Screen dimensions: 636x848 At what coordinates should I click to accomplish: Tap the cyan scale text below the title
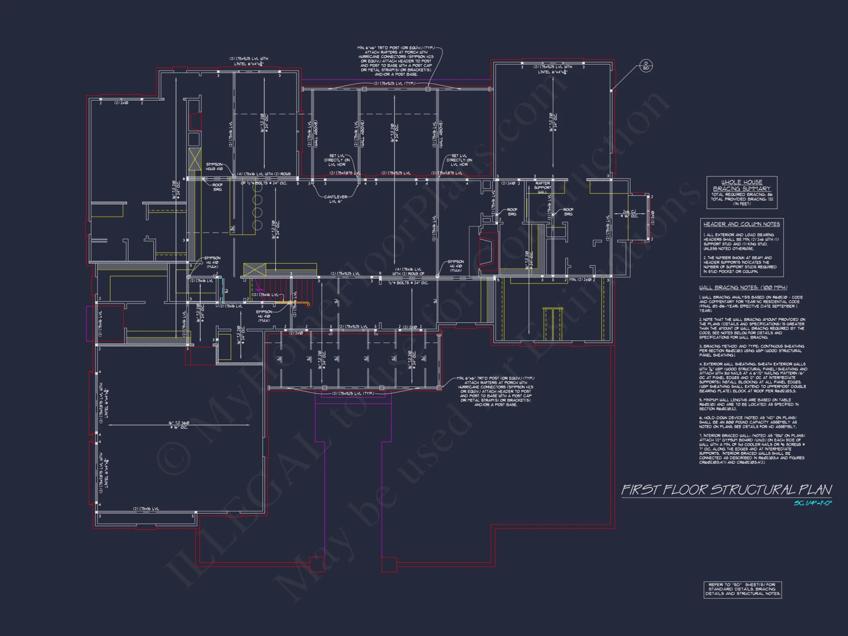812,503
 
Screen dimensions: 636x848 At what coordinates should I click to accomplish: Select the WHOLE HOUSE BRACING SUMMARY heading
742,185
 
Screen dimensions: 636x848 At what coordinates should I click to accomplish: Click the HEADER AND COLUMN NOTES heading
742,224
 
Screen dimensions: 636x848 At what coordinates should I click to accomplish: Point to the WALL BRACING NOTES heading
743,287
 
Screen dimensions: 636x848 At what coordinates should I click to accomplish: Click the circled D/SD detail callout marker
646,66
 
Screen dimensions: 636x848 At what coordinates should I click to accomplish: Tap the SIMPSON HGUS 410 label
214,166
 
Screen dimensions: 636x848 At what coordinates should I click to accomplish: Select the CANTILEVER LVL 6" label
335,199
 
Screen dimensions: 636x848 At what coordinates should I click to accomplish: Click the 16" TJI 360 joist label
179,425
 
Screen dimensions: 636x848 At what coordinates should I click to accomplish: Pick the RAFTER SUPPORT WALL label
542,187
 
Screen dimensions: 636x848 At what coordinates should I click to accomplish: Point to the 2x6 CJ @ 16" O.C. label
629,214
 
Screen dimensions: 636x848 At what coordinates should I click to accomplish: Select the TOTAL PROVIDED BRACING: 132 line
742,199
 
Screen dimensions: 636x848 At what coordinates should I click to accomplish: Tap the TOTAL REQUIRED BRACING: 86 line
742,195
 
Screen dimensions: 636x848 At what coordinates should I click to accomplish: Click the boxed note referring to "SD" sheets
742,589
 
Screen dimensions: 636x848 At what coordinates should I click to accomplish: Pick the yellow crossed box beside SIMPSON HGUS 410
195,159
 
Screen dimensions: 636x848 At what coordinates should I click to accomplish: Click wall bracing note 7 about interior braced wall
752,449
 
